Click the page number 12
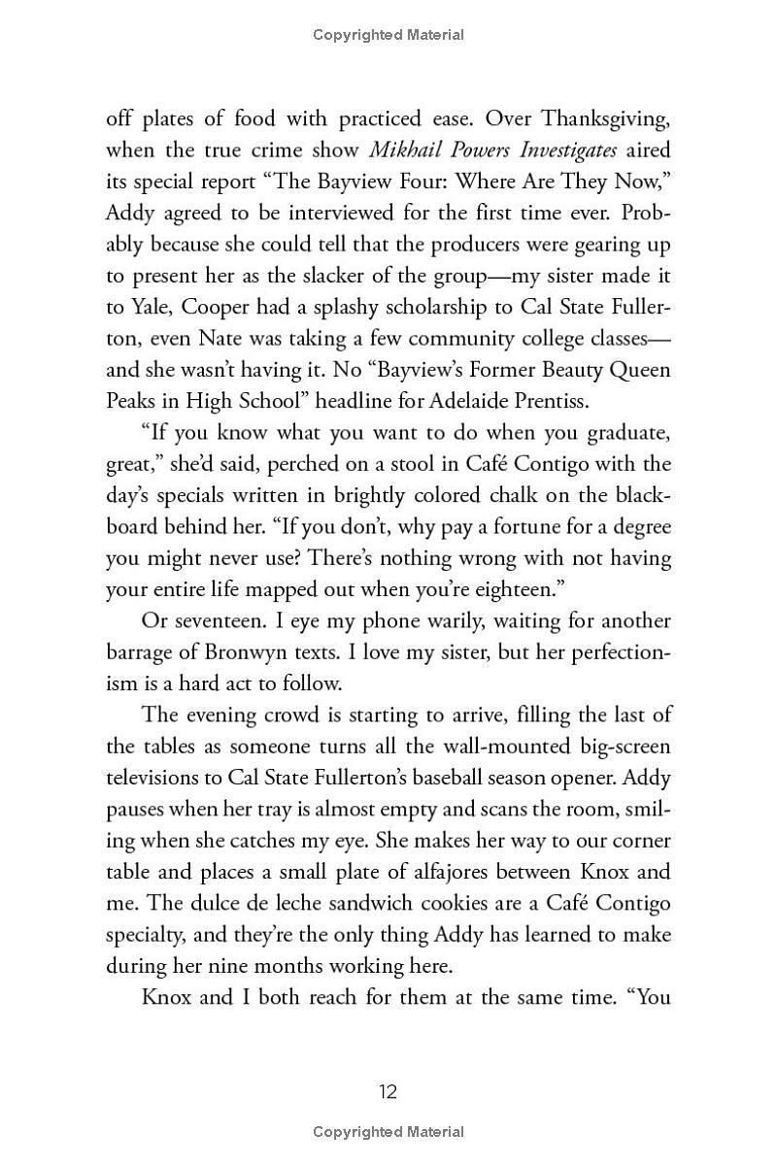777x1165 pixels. point(388,1092)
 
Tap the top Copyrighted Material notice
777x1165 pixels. point(388,35)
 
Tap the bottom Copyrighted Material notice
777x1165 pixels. point(388,1132)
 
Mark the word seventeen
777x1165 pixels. point(208,621)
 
